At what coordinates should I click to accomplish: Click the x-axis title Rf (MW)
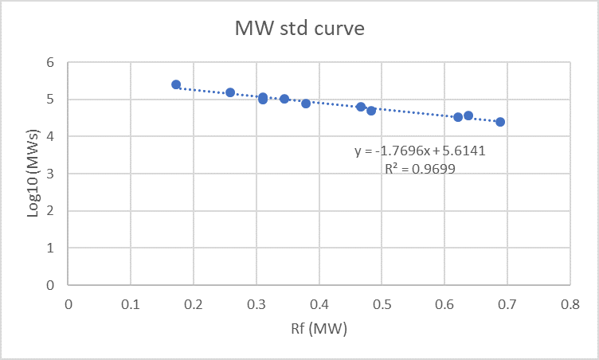point(319,328)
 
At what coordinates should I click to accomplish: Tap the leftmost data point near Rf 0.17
point(176,84)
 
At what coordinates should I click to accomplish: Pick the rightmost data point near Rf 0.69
point(500,122)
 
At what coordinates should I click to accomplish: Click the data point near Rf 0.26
point(230,92)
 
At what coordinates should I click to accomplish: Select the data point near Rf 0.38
point(306,104)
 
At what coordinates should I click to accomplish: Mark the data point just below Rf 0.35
point(284,99)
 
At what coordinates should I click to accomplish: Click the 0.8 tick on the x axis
point(570,303)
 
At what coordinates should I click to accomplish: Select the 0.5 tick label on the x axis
point(382,303)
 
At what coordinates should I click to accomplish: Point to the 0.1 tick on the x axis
point(131,303)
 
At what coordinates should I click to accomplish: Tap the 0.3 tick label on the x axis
point(256,303)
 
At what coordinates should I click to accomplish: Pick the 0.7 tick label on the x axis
point(507,303)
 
